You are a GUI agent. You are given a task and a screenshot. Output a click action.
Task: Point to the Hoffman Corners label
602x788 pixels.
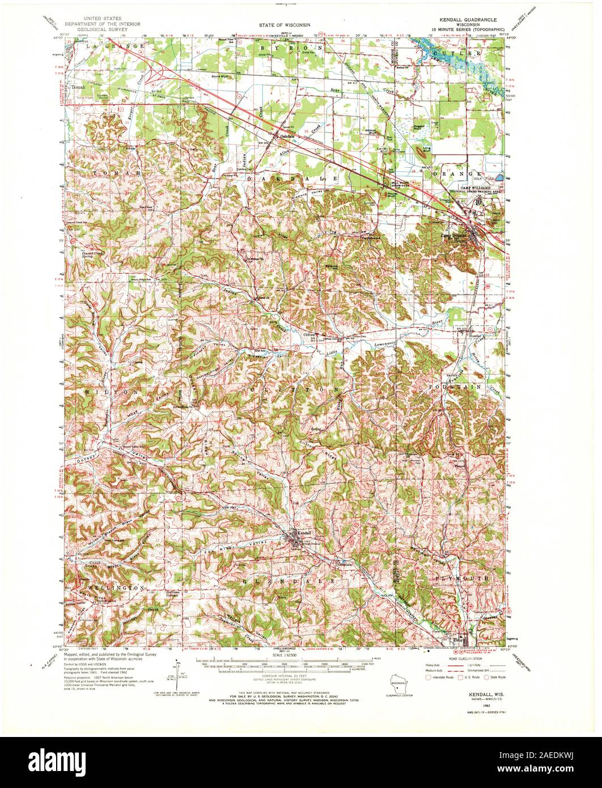pos(178,593)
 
